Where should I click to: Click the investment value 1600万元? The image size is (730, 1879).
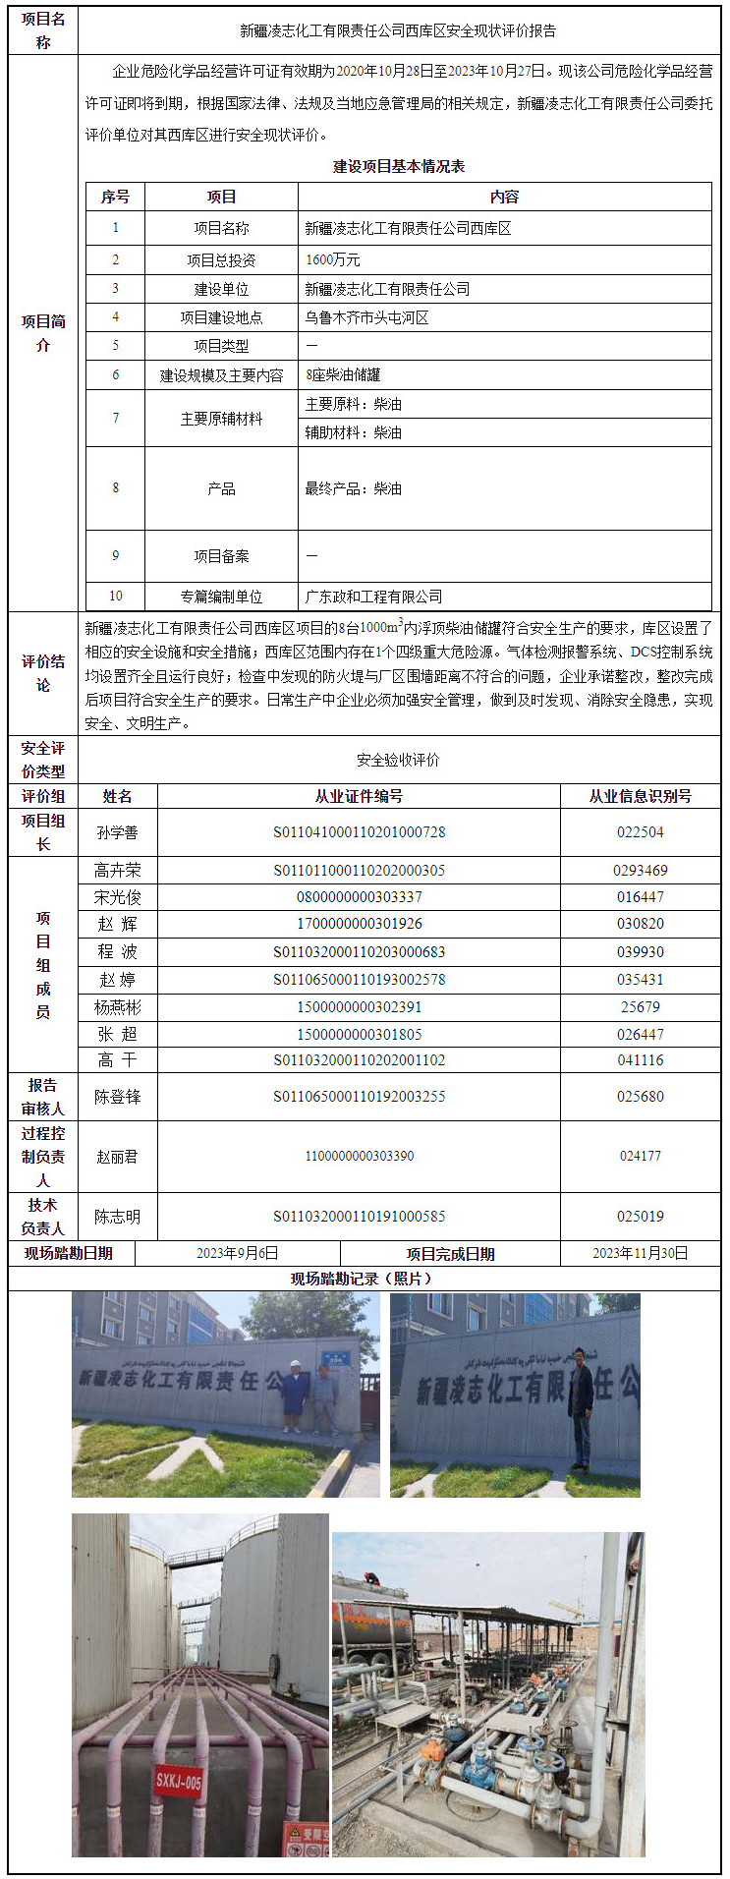333,260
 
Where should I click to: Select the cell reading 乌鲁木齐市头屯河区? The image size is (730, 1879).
366,317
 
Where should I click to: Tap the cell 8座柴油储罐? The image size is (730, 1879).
343,374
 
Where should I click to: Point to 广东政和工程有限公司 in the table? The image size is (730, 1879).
373,597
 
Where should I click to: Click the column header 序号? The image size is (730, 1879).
115,197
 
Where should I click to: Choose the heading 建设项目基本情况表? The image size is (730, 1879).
399,167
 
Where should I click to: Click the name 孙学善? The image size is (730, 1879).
117,832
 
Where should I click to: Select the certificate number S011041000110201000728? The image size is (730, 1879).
359,832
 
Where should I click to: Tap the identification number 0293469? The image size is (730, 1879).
640,870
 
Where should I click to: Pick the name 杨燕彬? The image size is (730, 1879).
117,1007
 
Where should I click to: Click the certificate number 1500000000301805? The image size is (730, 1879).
359,1034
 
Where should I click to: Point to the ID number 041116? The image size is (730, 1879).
640,1060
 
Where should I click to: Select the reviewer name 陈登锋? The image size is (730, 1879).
117,1097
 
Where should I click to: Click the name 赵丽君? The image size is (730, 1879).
117,1157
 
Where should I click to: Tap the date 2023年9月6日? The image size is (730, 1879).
238,1253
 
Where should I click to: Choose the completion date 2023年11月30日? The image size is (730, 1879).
640,1253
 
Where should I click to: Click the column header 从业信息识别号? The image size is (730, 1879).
640,796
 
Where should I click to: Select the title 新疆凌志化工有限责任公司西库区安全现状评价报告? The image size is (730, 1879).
399,30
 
